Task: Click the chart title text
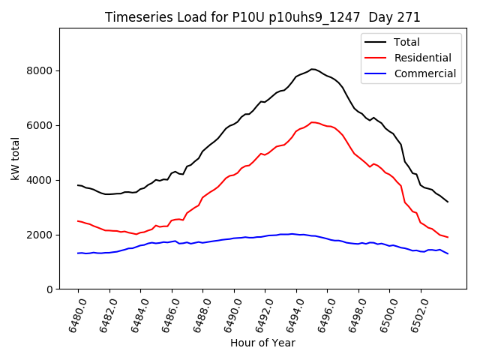pos(262,16)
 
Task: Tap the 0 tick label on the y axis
pos(49,289)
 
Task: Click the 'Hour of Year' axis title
pos(262,343)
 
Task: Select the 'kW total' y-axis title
pos(16,159)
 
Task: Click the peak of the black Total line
pos(312,69)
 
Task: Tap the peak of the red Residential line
pos(313,121)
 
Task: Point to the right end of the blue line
pos(448,253)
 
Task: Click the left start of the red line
pos(78,220)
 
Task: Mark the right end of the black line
pos(448,202)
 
